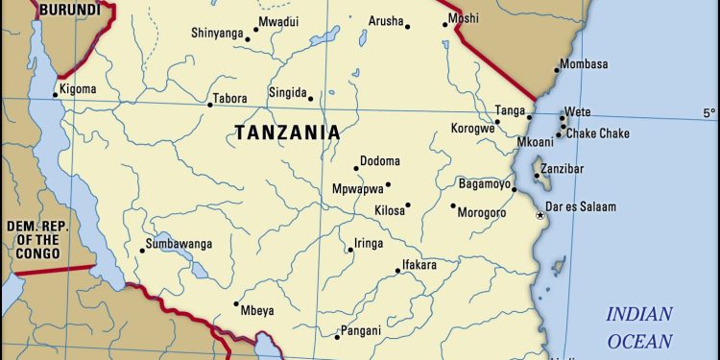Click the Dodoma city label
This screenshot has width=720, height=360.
click(380, 160)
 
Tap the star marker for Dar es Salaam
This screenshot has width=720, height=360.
click(540, 215)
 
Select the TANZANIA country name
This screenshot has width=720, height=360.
click(287, 132)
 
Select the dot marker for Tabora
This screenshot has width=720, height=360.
click(209, 105)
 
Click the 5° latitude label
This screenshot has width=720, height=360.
click(708, 113)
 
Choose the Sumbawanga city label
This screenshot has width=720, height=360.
click(179, 244)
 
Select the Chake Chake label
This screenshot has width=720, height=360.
click(597, 133)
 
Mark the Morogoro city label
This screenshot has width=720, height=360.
click(482, 212)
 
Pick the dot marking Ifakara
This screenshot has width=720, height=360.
click(397, 271)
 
